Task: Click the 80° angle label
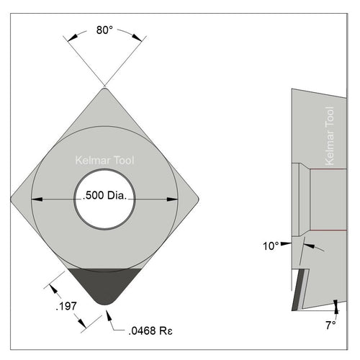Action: (104, 30)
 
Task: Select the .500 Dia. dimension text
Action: (104, 196)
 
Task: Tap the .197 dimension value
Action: (66, 306)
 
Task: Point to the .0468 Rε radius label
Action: (150, 331)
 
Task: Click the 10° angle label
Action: (271, 246)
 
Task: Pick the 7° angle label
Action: (330, 325)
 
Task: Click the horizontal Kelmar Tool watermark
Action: (104, 161)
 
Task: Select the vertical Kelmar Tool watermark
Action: (330, 136)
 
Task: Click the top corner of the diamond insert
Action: (104, 89)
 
